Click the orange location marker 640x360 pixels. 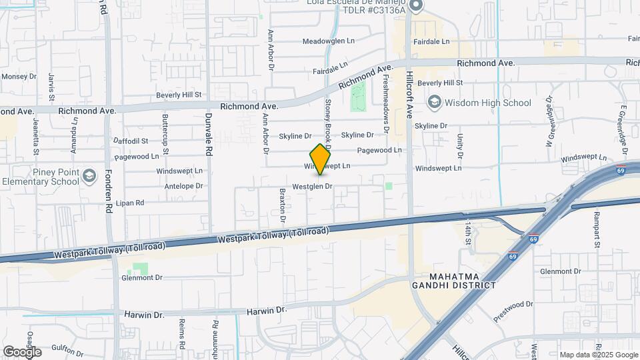tap(321, 159)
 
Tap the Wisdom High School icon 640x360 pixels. tap(435, 103)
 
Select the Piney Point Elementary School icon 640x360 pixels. tap(89, 176)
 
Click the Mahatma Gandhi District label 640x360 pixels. tap(463, 281)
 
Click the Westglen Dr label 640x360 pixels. tap(312, 187)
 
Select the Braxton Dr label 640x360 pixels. tap(283, 205)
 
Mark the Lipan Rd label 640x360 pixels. tap(130, 203)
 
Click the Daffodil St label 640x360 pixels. tap(131, 141)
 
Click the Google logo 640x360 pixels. tap(22, 351)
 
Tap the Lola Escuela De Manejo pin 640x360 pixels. tap(416, 6)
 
